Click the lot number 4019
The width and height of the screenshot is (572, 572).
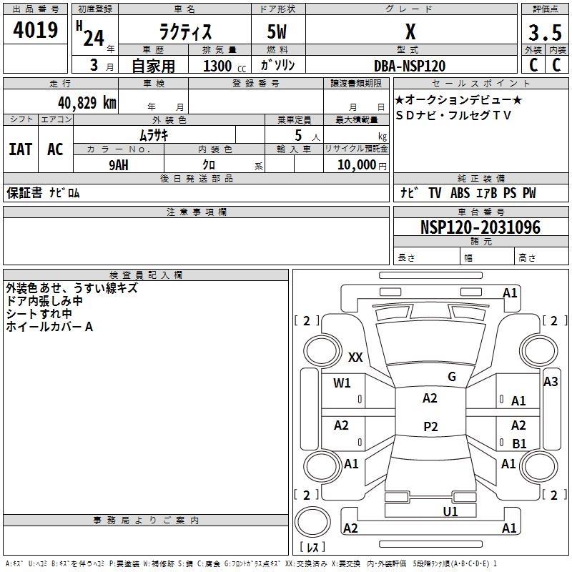click(35, 30)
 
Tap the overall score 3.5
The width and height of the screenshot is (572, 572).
click(545, 33)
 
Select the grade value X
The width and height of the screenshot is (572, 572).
click(410, 31)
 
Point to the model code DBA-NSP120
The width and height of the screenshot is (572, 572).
click(410, 66)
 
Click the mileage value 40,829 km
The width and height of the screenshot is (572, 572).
click(87, 103)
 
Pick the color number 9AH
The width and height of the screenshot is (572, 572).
click(119, 165)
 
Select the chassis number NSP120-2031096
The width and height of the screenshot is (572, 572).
click(480, 227)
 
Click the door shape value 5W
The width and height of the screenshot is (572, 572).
click(277, 31)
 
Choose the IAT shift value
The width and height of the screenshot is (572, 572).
click(20, 149)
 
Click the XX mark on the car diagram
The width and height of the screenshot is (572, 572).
click(355, 357)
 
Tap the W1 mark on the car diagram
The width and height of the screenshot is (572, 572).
click(342, 383)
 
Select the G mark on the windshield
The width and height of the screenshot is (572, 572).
click(452, 377)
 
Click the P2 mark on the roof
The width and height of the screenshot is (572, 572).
click(430, 426)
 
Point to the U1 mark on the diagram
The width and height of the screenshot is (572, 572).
click(450, 512)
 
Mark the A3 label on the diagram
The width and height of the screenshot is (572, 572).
click(551, 382)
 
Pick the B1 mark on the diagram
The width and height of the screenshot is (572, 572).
click(519, 443)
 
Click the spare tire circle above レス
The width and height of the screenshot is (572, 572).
click(312, 522)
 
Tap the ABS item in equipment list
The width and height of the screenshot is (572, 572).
click(460, 193)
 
